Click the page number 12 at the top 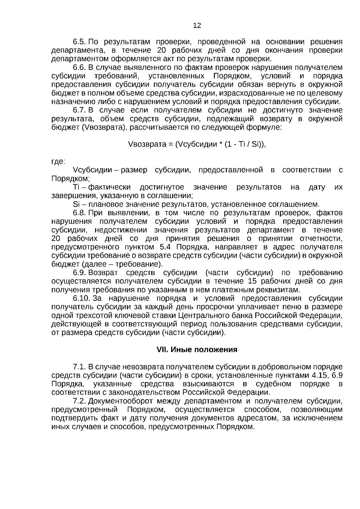click(197, 26)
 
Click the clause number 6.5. click(80, 42)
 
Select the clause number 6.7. click(80, 110)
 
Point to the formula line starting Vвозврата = click(197, 145)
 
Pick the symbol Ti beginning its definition click(76, 187)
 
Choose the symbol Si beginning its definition click(76, 205)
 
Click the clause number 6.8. click(80, 213)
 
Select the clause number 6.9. click(80, 273)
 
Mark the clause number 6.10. click(82, 299)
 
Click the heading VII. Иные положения click(197, 350)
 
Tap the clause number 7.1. click(80, 367)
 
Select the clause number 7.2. click(80, 401)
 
